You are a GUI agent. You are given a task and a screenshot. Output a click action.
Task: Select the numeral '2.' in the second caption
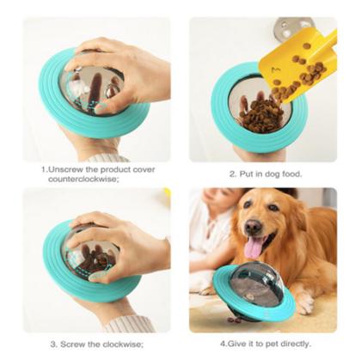point(232,173)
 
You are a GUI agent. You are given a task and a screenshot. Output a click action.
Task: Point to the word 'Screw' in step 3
point(72,344)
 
